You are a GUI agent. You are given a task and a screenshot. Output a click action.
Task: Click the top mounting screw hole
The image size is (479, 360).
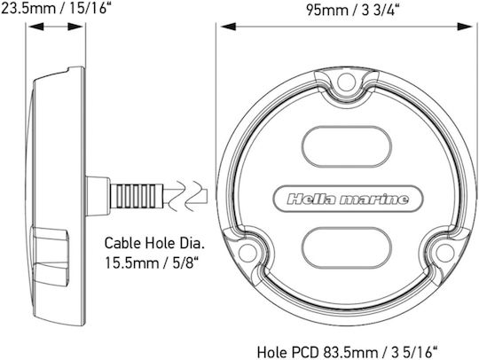(347, 82)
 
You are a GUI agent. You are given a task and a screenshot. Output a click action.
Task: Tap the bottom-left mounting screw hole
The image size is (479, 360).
(247, 253)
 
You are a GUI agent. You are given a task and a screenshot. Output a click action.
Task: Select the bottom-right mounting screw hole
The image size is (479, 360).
(444, 253)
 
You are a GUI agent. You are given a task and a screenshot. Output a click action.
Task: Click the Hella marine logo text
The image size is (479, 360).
(348, 200)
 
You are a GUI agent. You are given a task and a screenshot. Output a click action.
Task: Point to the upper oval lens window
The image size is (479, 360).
(347, 146)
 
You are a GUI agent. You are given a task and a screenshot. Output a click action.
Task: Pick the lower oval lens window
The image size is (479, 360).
(347, 248)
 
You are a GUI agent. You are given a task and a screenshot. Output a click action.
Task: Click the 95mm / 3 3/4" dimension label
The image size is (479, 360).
(353, 11)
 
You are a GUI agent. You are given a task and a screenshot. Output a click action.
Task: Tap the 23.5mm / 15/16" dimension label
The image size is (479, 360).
(55, 8)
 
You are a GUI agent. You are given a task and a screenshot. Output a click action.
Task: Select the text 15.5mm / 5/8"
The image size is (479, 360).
(152, 262)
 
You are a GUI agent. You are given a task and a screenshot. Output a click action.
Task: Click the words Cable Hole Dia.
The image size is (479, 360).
(154, 243)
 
